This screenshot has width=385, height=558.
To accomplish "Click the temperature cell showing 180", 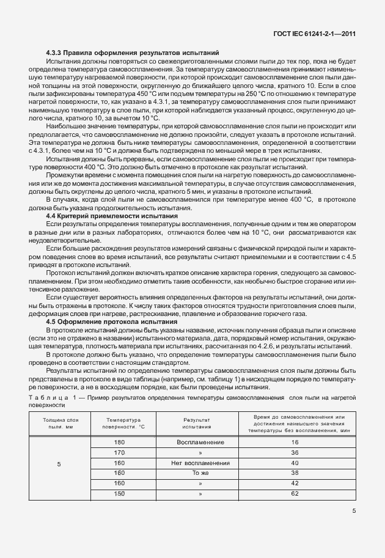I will (119, 442).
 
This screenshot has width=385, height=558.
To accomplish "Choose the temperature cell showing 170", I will (119, 452).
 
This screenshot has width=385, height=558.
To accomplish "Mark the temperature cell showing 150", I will (119, 493).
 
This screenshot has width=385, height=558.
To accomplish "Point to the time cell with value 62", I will (295, 493).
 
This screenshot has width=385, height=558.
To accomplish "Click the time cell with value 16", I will (295, 442).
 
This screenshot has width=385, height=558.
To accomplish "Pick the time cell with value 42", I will (295, 483).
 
